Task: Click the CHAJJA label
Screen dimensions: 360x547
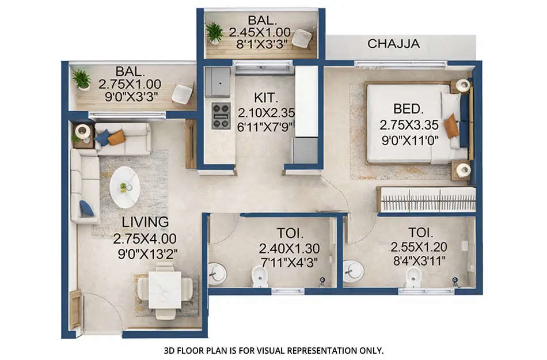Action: pos(393,44)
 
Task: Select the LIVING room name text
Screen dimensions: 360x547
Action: pos(145,222)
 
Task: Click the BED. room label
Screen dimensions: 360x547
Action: pos(409,108)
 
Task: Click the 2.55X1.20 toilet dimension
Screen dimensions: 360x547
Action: pos(419,247)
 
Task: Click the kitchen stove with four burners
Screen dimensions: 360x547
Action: pos(221,115)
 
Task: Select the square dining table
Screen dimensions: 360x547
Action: pos(165,290)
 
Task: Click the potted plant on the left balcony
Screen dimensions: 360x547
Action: pos(82,79)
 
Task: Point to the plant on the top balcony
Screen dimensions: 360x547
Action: pos(215,32)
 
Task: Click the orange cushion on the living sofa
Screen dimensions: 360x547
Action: pos(117,137)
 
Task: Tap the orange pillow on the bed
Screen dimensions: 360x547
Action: pos(451,126)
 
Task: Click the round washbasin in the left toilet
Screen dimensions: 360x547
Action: pos(216,272)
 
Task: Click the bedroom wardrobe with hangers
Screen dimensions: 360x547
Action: pos(426,200)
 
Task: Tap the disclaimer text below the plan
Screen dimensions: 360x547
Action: pos(273,350)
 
